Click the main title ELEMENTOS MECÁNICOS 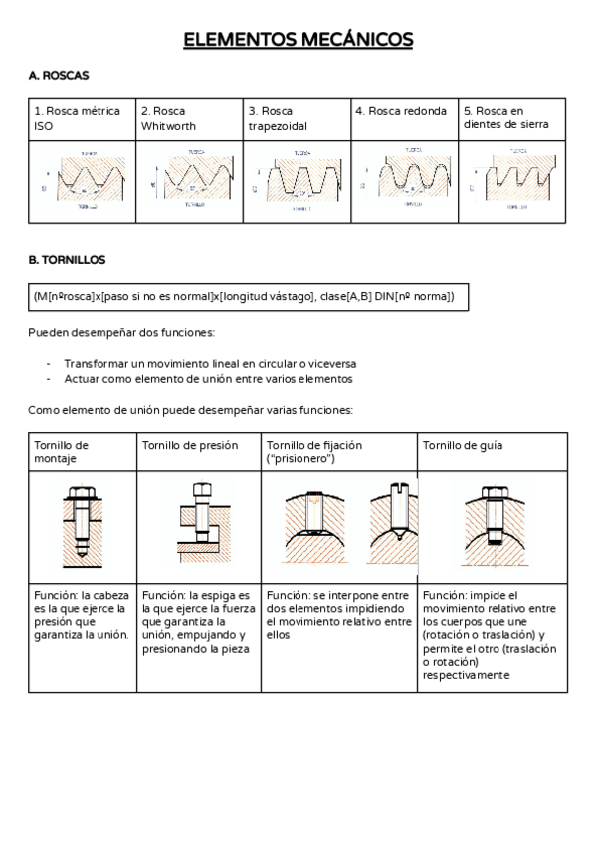[x=298, y=40]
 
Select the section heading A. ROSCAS [x=59, y=76]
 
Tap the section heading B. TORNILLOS [x=67, y=260]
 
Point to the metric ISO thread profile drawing [x=84, y=182]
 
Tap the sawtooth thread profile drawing [x=511, y=182]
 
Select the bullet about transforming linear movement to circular [x=210, y=364]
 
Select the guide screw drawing [x=492, y=523]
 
